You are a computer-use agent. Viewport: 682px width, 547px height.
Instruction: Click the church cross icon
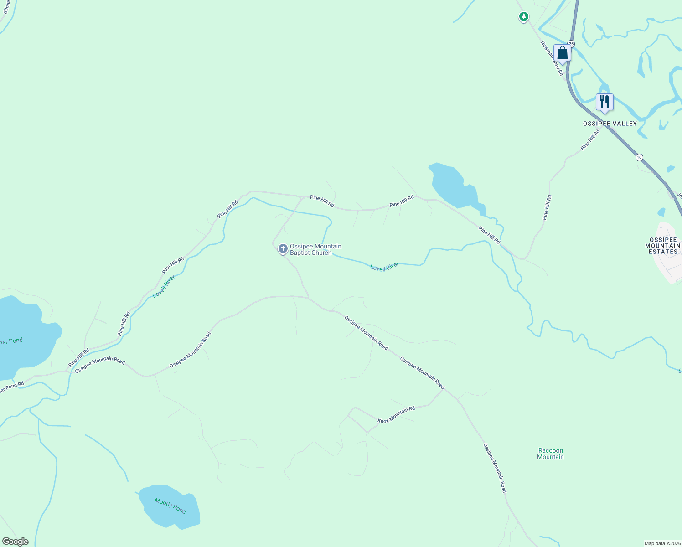tap(283, 249)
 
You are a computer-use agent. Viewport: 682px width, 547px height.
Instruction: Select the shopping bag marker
tap(562, 53)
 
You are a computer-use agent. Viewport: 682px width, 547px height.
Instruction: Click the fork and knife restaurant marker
tap(604, 102)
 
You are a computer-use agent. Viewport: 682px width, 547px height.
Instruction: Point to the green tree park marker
tap(524, 17)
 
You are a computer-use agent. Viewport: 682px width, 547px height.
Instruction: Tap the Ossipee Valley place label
tap(610, 124)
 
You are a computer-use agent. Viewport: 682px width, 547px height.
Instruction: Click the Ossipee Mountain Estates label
tap(663, 246)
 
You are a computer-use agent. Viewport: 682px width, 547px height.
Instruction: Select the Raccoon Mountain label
tap(550, 454)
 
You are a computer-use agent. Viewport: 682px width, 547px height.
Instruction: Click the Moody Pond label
tap(170, 506)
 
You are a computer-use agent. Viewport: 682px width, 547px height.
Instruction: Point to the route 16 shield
tap(639, 157)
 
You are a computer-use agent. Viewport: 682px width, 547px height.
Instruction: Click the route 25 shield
tap(571, 44)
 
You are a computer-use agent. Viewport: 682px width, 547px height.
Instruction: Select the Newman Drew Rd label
tap(552, 58)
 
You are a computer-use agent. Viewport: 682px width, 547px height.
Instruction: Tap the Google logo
tap(15, 542)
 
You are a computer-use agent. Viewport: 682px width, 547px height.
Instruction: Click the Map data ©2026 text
tap(662, 543)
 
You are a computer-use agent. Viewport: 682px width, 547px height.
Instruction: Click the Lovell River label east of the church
tap(384, 267)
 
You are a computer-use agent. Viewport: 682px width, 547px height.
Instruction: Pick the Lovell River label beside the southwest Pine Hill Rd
tap(164, 287)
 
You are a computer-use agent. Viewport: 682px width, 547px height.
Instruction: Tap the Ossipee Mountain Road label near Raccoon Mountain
tap(495, 468)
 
